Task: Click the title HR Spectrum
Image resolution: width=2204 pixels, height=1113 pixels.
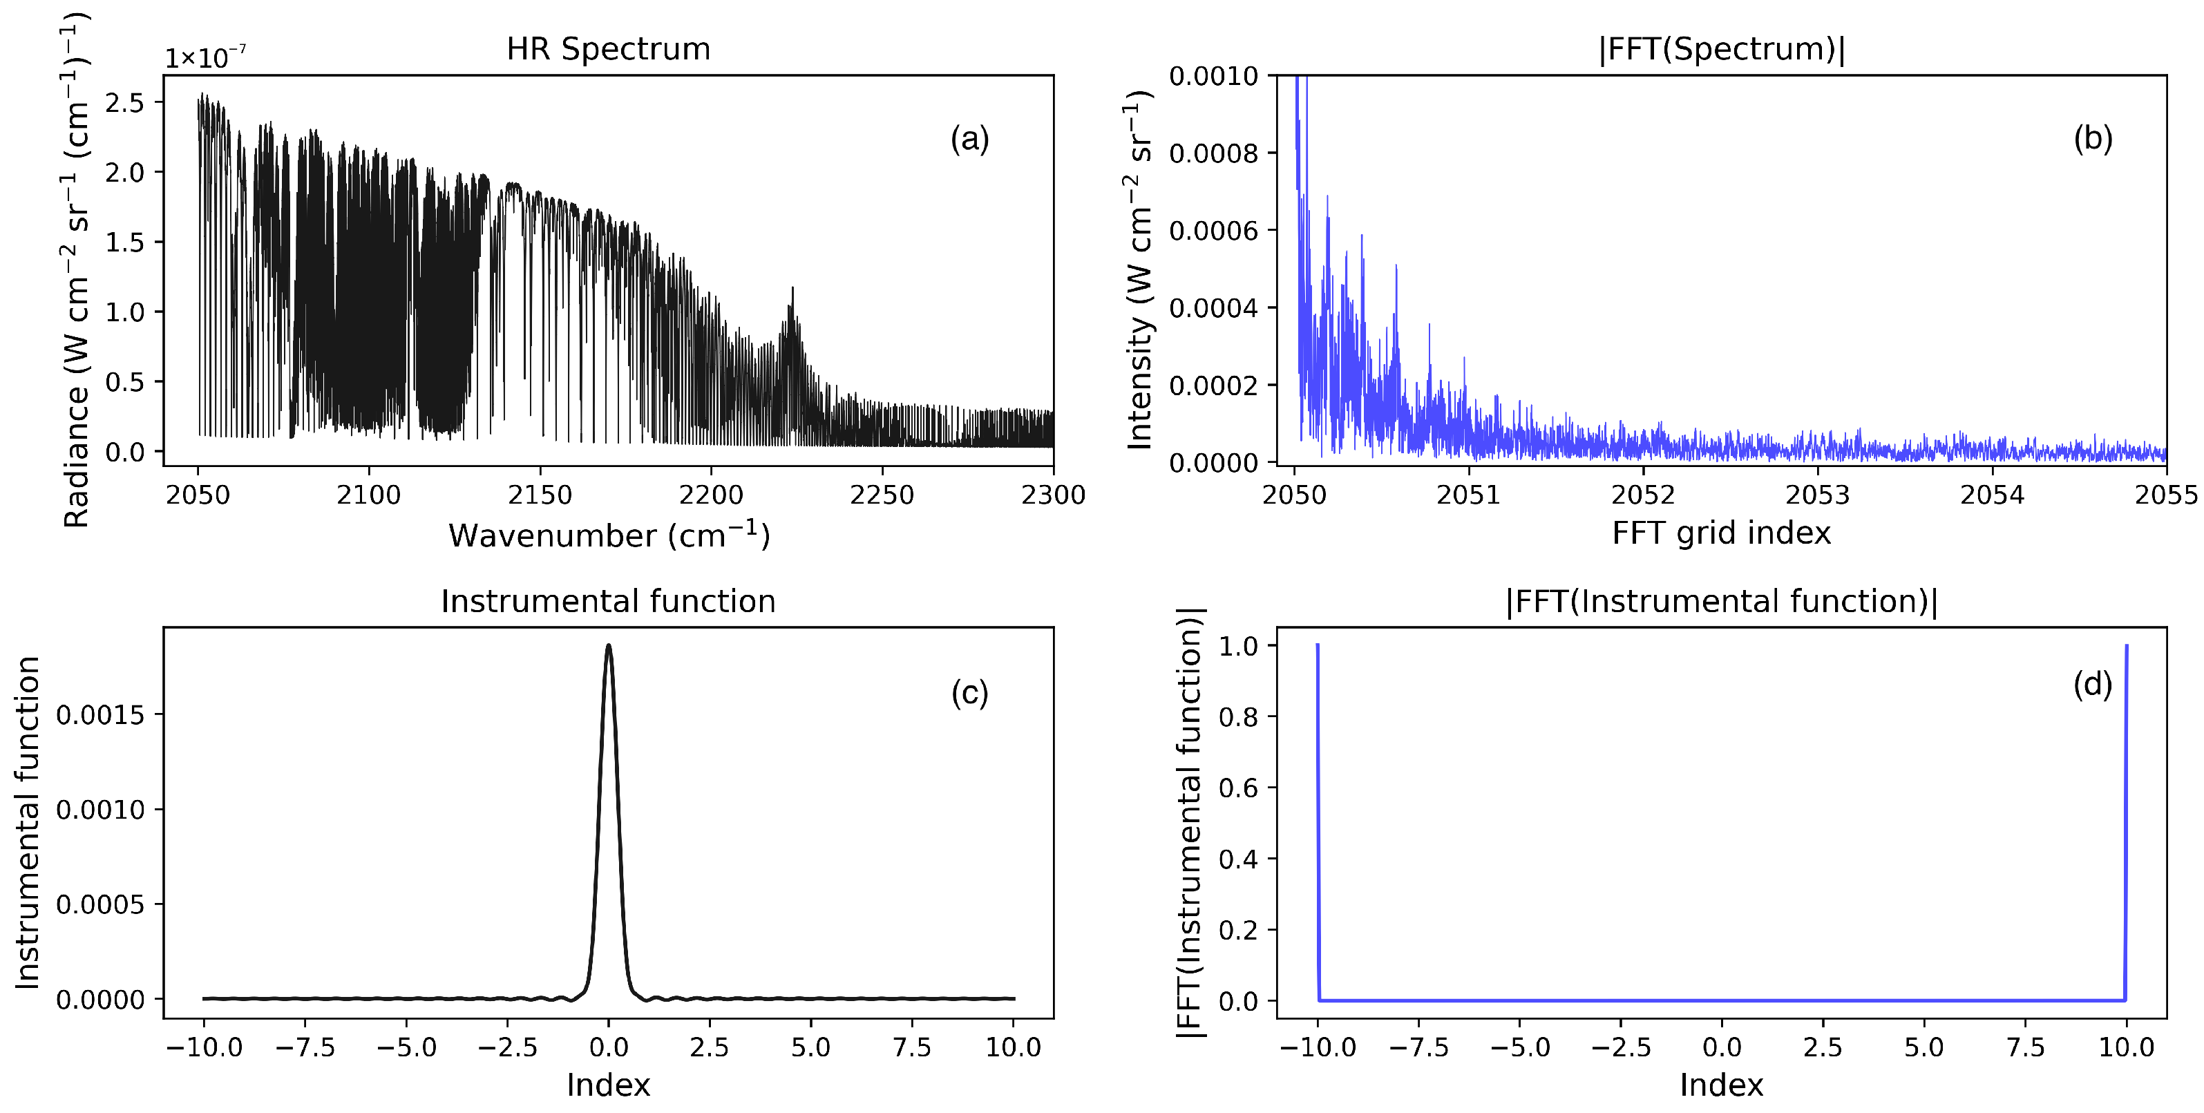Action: (608, 49)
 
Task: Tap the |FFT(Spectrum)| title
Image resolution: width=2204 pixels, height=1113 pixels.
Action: (1722, 49)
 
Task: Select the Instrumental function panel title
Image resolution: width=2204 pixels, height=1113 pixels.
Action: (608, 602)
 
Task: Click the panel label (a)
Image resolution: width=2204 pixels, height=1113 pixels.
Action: (969, 139)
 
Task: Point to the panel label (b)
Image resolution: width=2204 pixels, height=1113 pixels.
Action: (2093, 139)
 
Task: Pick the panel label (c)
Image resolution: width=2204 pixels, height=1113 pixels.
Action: (969, 692)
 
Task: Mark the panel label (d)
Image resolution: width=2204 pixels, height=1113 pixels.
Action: (2093, 685)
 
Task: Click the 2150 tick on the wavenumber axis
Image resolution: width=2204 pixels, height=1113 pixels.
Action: (540, 495)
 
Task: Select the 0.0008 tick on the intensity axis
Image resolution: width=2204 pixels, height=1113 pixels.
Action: (1213, 154)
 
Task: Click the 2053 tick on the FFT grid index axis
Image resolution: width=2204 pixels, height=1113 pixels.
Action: (1817, 495)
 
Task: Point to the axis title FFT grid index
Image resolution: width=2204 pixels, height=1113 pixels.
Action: (1722, 533)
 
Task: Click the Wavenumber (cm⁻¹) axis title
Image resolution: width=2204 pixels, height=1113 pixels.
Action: (608, 535)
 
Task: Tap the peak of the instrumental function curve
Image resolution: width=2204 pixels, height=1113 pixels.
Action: (608, 646)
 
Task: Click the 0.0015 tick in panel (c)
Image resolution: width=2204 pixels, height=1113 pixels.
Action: (99, 715)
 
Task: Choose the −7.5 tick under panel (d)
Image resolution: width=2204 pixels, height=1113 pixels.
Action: (1418, 1048)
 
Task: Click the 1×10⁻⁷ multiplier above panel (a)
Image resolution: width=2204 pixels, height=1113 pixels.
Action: (205, 58)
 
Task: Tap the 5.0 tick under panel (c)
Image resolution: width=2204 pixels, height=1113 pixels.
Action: (810, 1048)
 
